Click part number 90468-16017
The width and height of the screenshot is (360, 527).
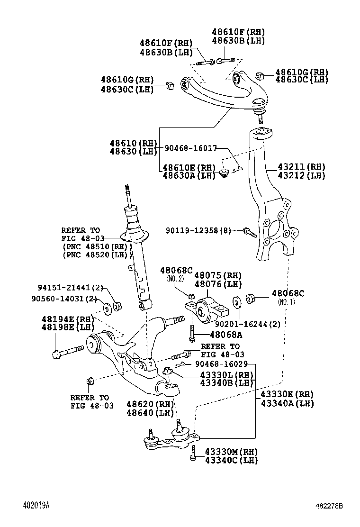pos(190,149)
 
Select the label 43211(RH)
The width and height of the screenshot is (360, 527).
pos(301,167)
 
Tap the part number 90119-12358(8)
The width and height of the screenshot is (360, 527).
pos(198,230)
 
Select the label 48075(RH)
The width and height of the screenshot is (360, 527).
pos(218,275)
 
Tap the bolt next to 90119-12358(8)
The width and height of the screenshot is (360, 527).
pos(249,232)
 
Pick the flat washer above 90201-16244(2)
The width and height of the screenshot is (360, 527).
pos(235,302)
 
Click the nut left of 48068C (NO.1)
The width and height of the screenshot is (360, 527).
pos(252,298)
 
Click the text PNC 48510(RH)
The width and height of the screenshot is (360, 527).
pos(97,246)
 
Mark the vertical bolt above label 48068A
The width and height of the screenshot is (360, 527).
pos(191,334)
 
